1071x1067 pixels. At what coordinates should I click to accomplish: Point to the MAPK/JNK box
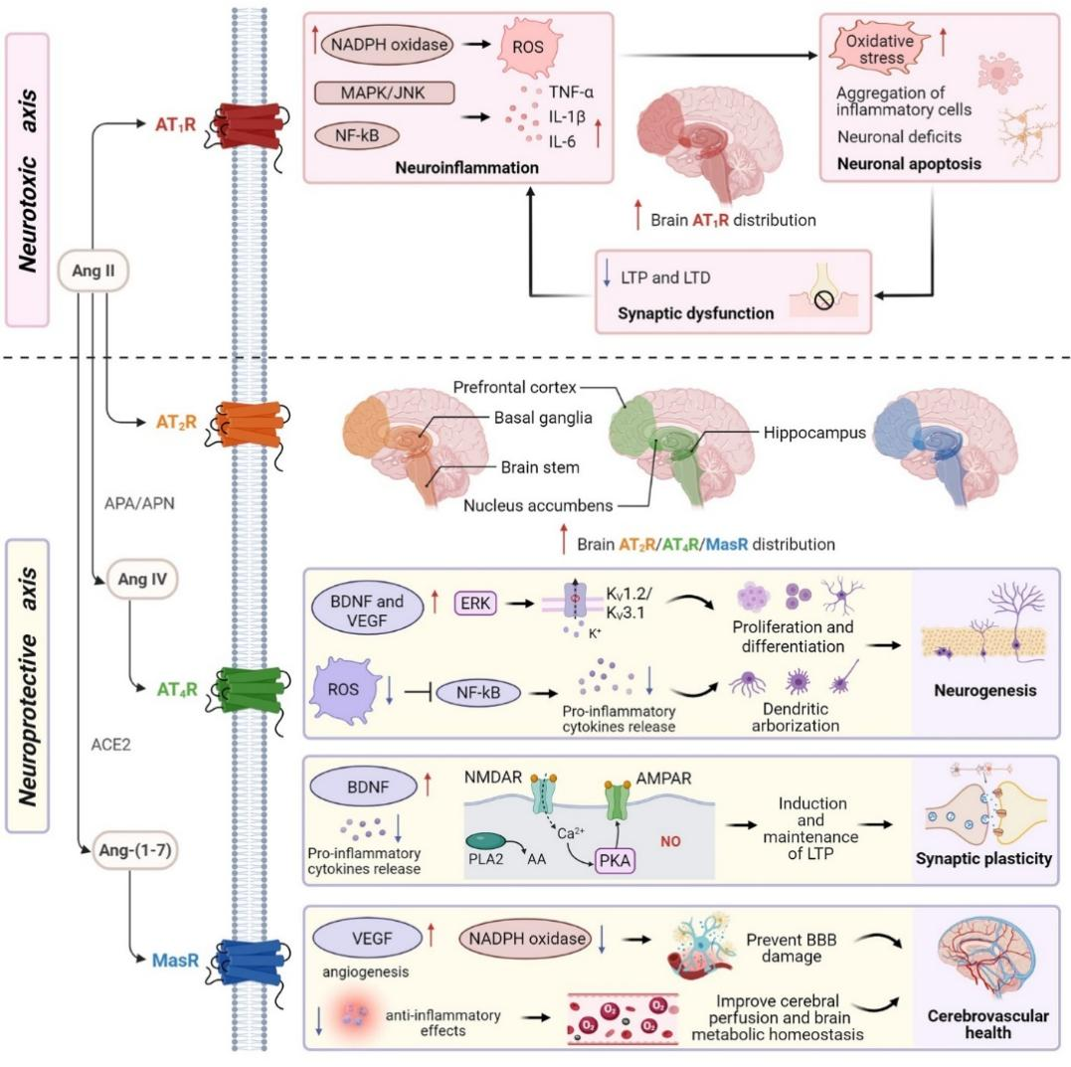pos(384,94)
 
